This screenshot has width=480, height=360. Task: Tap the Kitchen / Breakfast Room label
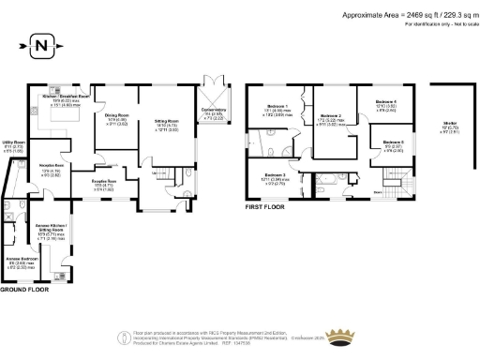pyautogui.click(x=65, y=97)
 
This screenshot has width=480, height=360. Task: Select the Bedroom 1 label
pyautogui.click(x=277, y=106)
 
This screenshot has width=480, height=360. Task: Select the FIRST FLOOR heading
pyautogui.click(x=265, y=205)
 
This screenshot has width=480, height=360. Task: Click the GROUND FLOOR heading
pyautogui.click(x=25, y=290)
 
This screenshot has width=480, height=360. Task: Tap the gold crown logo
pyautogui.click(x=340, y=337)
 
